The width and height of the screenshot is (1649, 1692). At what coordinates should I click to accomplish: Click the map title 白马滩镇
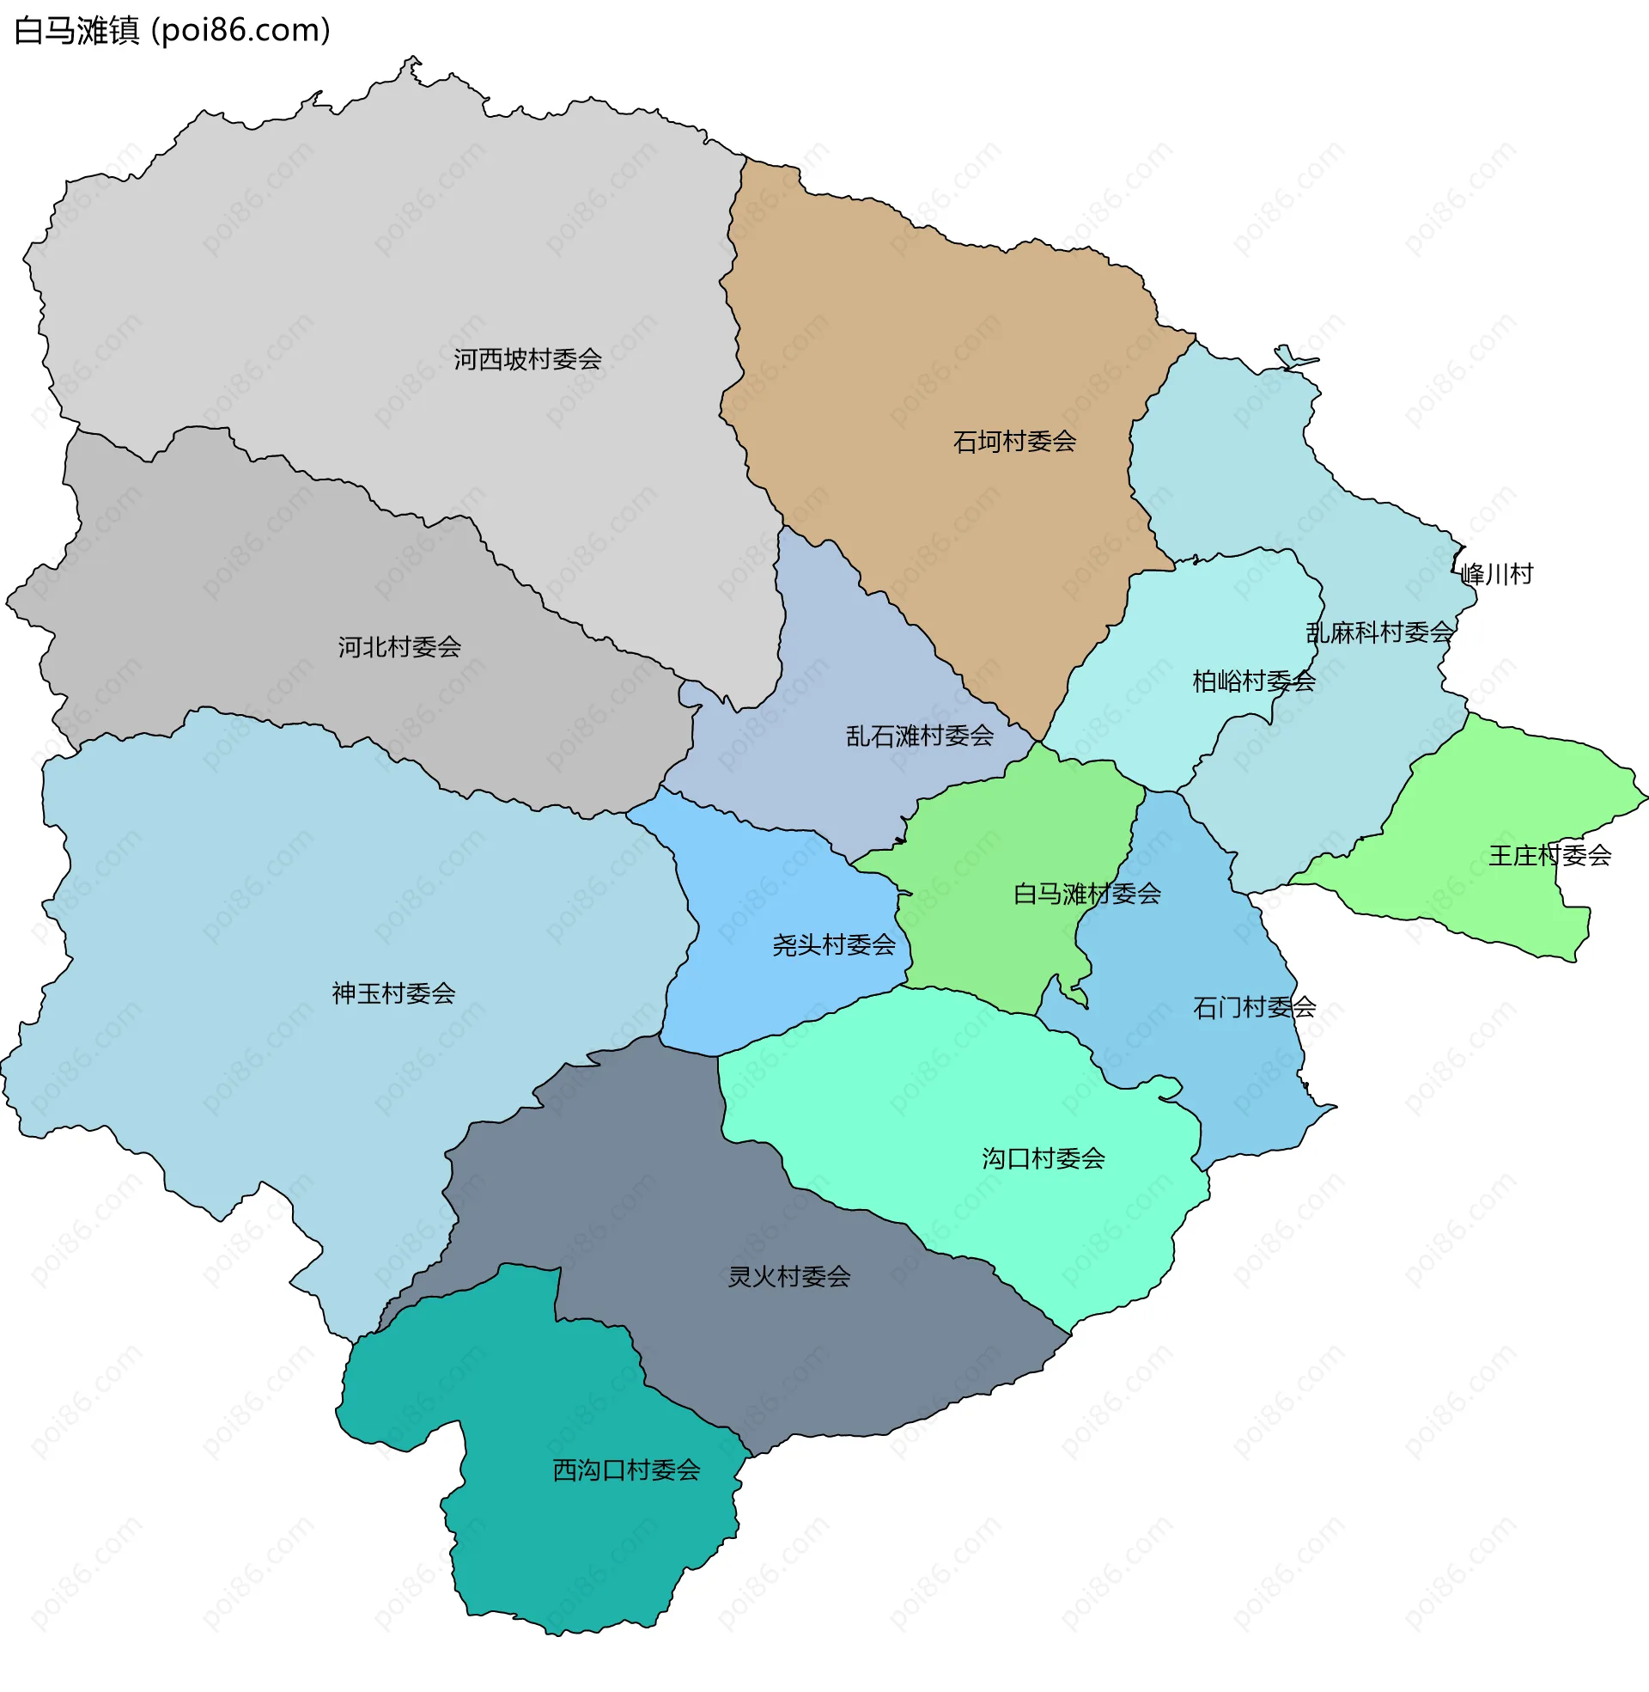(x=76, y=31)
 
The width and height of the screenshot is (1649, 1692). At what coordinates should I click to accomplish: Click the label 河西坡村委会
(x=527, y=358)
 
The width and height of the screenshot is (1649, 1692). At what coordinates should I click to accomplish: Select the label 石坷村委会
(x=1014, y=442)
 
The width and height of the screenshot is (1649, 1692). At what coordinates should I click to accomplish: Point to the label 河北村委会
(x=399, y=646)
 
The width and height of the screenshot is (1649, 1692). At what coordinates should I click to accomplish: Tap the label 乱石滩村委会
(x=920, y=736)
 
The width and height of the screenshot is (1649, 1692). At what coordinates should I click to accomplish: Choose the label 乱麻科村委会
(x=1379, y=632)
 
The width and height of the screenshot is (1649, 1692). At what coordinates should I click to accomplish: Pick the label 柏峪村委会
(x=1253, y=681)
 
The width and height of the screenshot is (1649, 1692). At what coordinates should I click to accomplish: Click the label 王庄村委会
(x=1549, y=855)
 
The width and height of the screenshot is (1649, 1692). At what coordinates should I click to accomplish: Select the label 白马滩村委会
(x=1087, y=893)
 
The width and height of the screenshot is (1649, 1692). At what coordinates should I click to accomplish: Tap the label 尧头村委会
(x=833, y=944)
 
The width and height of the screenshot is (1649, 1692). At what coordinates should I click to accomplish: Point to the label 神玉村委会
(x=393, y=993)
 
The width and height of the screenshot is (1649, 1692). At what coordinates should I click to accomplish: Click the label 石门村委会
(x=1254, y=1007)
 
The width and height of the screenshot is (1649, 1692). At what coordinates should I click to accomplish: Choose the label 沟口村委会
(x=1043, y=1158)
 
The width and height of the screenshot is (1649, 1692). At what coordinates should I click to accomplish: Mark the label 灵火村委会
(x=789, y=1276)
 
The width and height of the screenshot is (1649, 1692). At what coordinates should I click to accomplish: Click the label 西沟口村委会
(x=626, y=1470)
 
